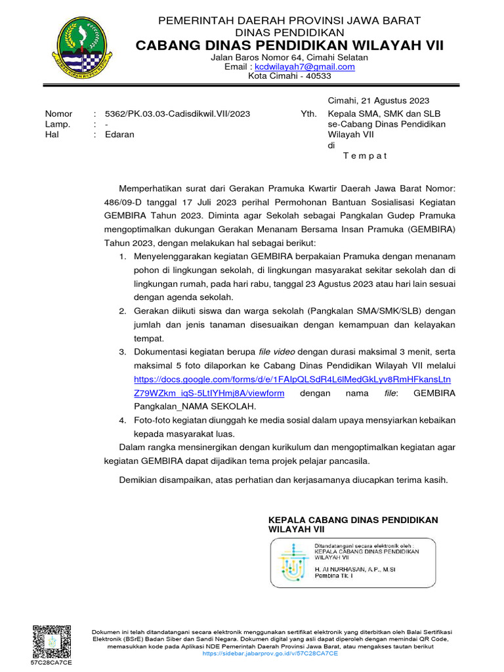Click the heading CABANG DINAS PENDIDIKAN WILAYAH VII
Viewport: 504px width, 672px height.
tap(289, 45)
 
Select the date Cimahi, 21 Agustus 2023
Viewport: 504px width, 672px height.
tap(378, 100)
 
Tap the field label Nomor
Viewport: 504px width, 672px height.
tap(58, 114)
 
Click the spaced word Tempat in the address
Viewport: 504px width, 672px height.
tap(365, 156)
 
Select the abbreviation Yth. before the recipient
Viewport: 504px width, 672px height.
tap(308, 114)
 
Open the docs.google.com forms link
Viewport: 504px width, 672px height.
tap(292, 379)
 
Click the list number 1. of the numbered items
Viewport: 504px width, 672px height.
tap(123, 257)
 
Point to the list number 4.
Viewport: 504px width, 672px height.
tap(123, 420)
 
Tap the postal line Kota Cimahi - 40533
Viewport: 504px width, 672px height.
tap(289, 75)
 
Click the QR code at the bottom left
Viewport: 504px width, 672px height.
tap(51, 641)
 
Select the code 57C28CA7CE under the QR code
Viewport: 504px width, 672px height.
tap(51, 663)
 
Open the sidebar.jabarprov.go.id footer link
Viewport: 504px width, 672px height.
tap(270, 654)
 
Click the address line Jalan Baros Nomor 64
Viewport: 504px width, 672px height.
tap(289, 57)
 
